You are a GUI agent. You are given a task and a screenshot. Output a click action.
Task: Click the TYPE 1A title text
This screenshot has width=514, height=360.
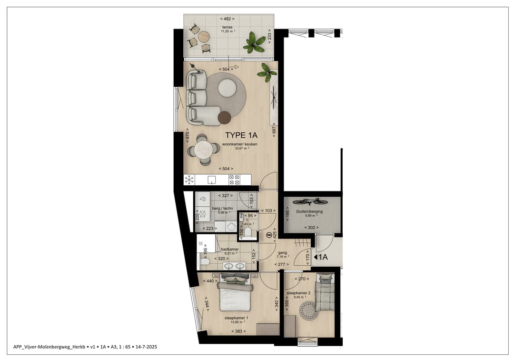point(241,136)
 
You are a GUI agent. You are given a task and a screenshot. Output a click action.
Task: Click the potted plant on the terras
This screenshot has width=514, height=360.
point(254,43)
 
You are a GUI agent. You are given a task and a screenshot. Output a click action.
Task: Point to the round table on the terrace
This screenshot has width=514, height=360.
point(204,36)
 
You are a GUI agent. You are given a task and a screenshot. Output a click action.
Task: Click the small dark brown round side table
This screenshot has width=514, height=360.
point(224,117)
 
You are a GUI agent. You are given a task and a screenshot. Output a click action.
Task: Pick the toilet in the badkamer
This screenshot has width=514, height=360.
point(204,261)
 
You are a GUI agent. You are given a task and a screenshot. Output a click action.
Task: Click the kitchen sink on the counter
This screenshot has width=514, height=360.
point(212,180)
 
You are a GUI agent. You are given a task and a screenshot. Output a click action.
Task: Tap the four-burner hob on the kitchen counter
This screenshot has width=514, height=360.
point(234,180)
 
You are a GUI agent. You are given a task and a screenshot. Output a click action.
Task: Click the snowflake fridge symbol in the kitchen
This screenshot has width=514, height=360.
point(189,180)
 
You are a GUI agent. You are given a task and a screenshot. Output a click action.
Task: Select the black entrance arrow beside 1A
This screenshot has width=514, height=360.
point(315,257)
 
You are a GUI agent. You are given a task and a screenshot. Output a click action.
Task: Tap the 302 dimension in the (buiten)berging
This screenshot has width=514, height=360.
point(310,228)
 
